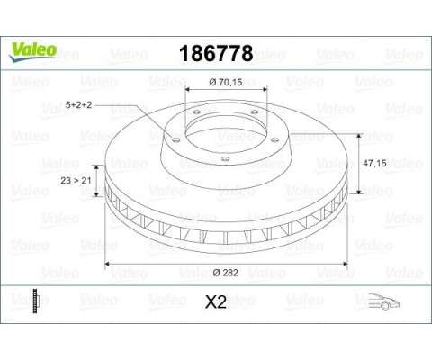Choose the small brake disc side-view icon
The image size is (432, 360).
tap(35, 300)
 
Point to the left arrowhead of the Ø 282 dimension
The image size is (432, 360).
tap(109, 263)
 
